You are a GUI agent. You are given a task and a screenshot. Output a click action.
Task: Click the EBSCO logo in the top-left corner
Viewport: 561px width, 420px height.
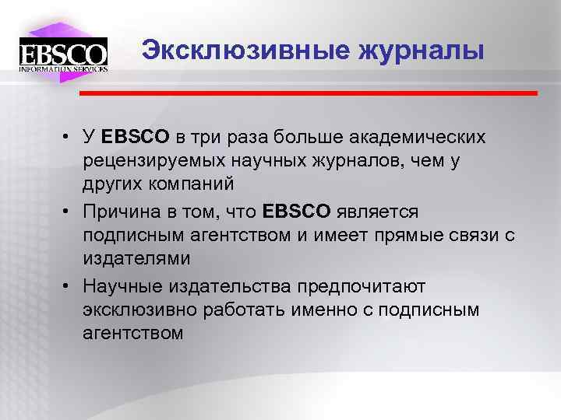(63, 54)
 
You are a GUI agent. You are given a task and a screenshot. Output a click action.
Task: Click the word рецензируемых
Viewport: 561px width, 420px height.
(152, 162)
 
